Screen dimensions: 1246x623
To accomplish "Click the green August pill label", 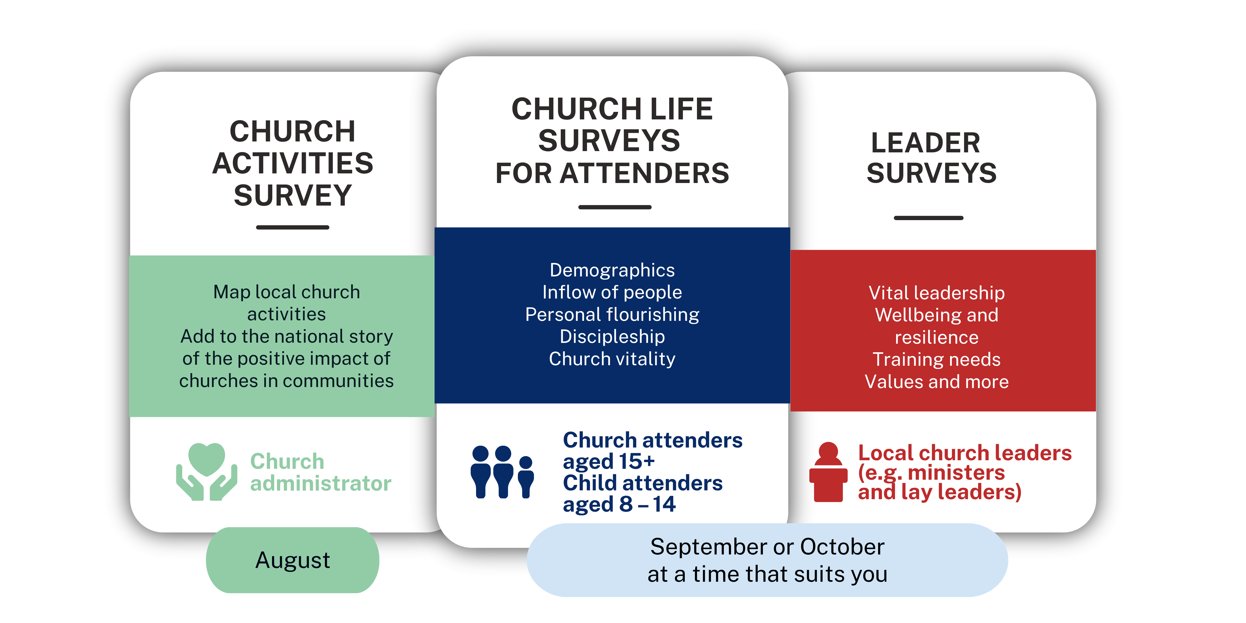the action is point(293,560).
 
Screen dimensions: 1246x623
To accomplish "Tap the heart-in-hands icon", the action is point(207,472).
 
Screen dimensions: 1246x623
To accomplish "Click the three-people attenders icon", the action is point(503,472).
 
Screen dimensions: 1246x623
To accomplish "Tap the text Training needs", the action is point(936,359).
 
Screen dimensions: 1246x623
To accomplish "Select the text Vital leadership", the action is point(936,293).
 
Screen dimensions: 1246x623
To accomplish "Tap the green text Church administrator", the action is point(321,472).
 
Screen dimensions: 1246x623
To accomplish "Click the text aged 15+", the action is point(608,462).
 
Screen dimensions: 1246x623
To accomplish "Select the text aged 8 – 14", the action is point(619,504).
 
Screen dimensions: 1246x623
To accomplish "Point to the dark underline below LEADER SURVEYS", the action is point(928,218).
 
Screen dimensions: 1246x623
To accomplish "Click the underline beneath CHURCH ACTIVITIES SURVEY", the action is point(293,227).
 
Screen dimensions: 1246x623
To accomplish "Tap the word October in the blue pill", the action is point(842,547).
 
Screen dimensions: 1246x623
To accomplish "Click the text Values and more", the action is point(936,382).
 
